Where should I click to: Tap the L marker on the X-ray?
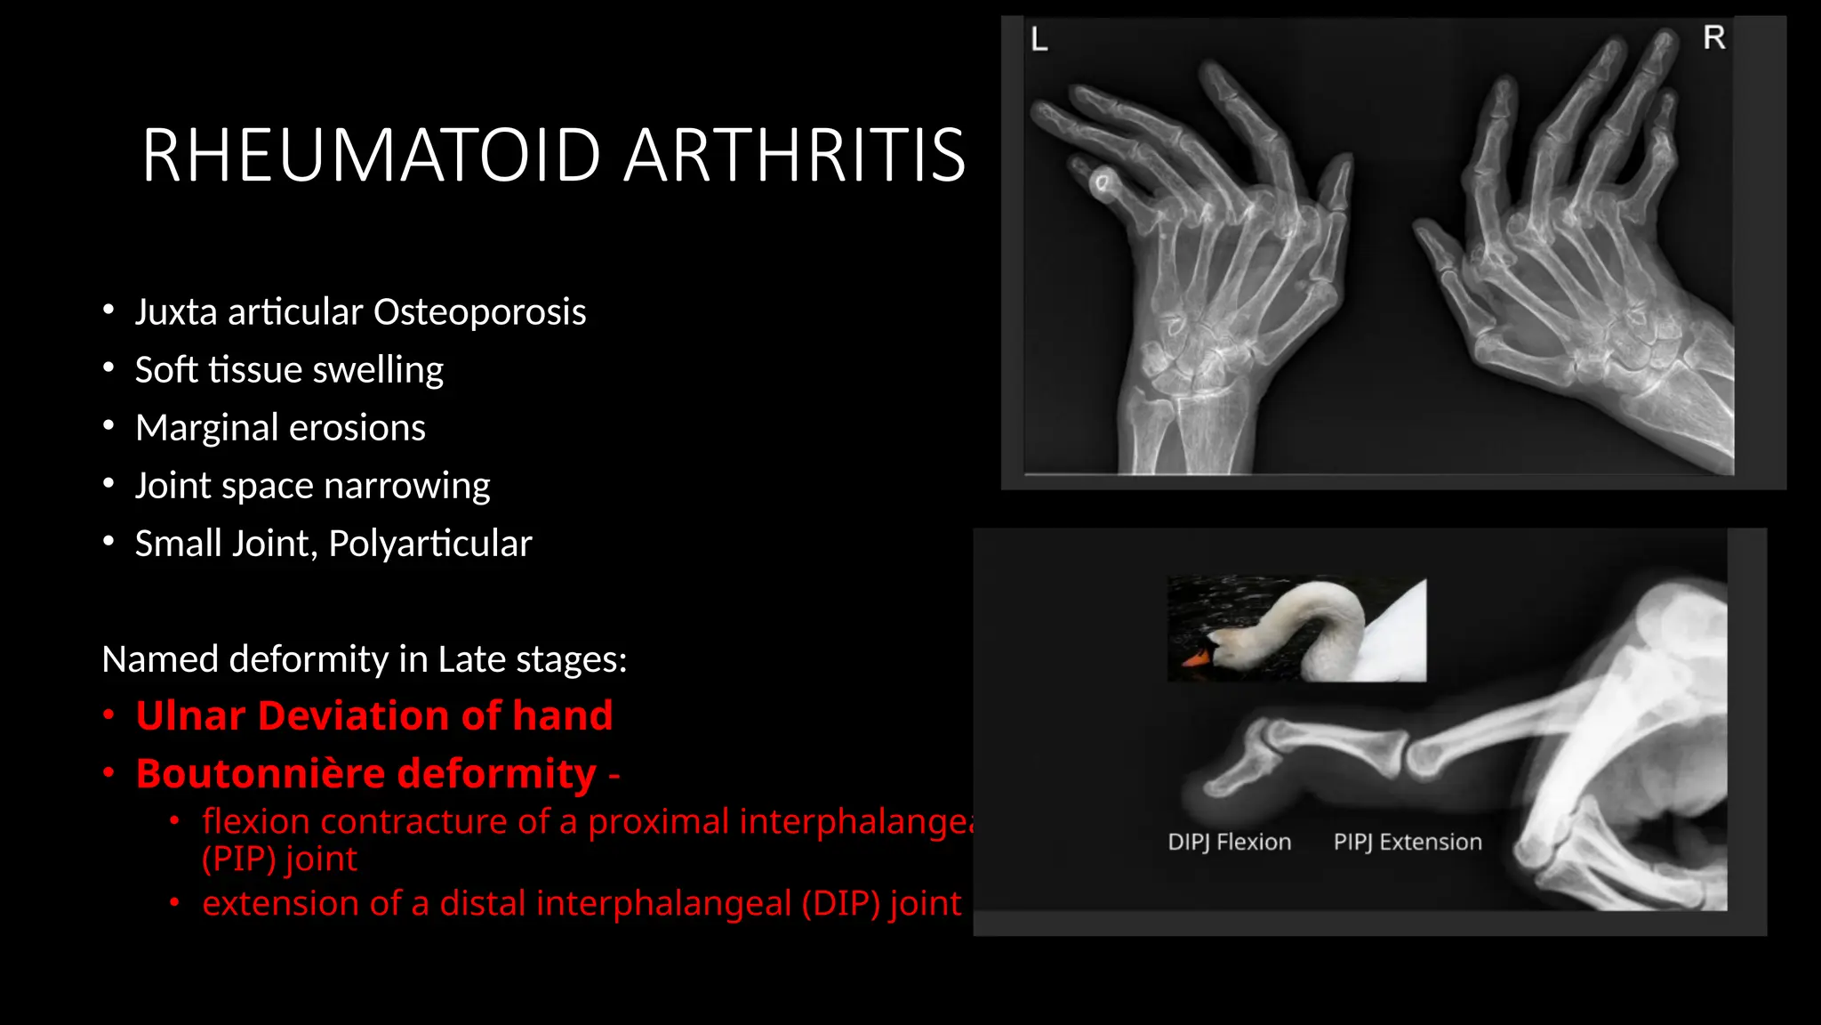point(1039,40)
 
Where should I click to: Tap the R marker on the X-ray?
point(1713,37)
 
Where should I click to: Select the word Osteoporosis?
point(479,312)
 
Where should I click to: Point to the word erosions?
point(357,428)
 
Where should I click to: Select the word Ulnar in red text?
point(189,715)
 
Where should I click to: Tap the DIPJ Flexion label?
point(1229,842)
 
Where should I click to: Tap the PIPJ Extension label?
point(1408,842)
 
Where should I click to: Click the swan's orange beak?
point(1194,659)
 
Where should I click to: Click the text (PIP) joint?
point(278,859)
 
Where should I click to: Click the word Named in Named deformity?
point(159,659)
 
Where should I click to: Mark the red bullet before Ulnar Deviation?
point(108,715)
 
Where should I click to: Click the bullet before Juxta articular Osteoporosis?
point(108,310)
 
